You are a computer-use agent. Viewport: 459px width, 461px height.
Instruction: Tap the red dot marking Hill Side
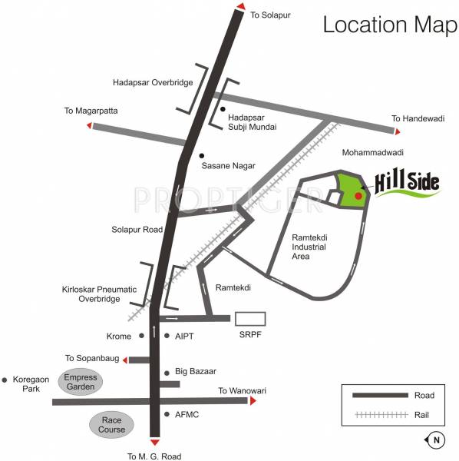(358, 196)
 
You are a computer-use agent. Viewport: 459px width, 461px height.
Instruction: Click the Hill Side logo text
(407, 184)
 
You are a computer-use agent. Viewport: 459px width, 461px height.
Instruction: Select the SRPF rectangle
(250, 319)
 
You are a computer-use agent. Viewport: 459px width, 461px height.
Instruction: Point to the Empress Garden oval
(81, 382)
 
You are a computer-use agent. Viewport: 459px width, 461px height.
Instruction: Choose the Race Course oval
(111, 424)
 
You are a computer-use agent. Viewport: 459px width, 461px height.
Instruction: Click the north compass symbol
(435, 440)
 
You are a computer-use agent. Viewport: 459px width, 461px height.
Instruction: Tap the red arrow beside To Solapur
(240, 7)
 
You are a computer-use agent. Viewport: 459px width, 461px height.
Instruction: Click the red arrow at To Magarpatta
(89, 124)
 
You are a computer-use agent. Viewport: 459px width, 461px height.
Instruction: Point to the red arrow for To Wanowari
(252, 401)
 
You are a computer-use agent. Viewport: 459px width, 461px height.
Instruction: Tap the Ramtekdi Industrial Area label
(311, 247)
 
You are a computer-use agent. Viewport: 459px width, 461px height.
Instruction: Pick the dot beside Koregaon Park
(5, 380)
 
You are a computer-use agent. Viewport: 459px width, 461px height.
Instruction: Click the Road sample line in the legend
(380, 396)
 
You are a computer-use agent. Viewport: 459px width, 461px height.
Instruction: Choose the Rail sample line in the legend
(380, 415)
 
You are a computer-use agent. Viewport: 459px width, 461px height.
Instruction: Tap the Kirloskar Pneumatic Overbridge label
(92, 294)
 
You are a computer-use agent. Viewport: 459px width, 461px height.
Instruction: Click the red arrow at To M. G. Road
(155, 443)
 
